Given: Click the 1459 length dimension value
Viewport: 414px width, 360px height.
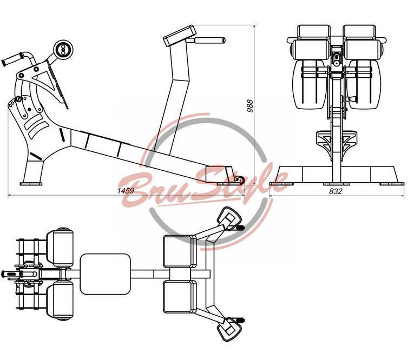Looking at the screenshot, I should [127, 191].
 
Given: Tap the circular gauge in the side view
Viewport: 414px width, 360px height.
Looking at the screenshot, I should [63, 49].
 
